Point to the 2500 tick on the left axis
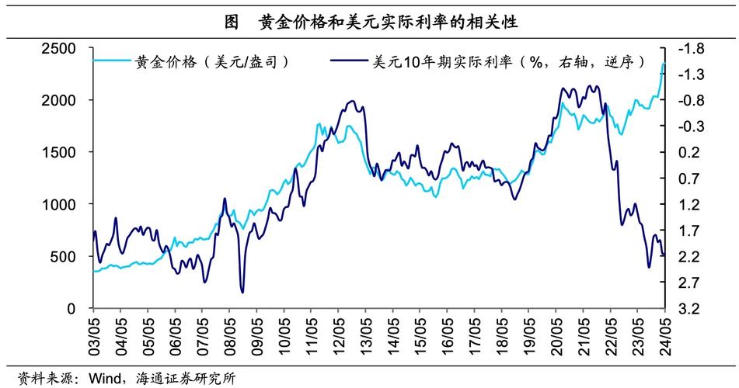[x=59, y=48]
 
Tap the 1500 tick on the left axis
[x=59, y=152]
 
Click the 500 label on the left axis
[x=63, y=257]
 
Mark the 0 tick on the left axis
[x=71, y=309]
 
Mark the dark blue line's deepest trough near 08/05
[x=242, y=292]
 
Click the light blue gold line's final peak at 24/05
[x=664, y=64]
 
